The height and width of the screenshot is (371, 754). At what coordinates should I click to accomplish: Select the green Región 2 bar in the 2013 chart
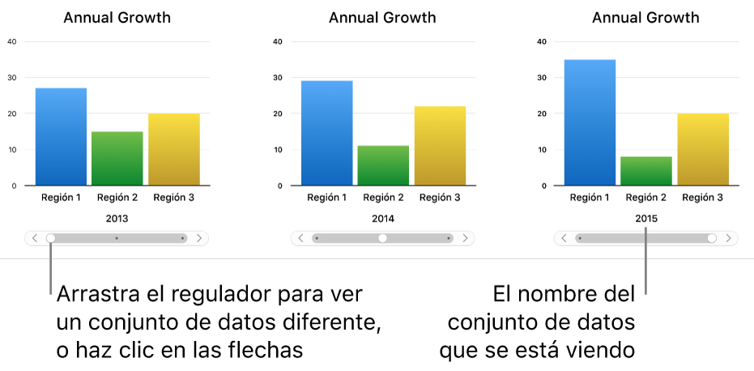pos(117,158)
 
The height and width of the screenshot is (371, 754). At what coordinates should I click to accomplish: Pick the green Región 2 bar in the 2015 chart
pos(647,171)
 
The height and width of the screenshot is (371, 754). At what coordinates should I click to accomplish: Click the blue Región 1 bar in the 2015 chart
pos(590,122)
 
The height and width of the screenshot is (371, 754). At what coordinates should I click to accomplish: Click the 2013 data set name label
pos(117,219)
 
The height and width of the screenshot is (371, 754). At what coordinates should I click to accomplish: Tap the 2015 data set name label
pos(646,219)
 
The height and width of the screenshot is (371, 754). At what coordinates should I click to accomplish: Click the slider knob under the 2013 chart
pos(51,238)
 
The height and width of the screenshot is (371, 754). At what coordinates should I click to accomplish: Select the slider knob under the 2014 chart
pos(382,238)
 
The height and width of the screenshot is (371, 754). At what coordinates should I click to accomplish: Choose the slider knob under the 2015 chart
pos(712,238)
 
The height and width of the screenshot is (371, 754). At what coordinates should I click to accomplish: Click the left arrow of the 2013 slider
pos(36,238)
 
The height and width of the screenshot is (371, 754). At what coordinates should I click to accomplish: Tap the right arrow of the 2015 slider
pos(728,238)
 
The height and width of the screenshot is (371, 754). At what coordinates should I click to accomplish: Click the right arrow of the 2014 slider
pos(464,238)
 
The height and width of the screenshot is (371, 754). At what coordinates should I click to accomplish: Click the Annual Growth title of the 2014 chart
pos(382,18)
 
